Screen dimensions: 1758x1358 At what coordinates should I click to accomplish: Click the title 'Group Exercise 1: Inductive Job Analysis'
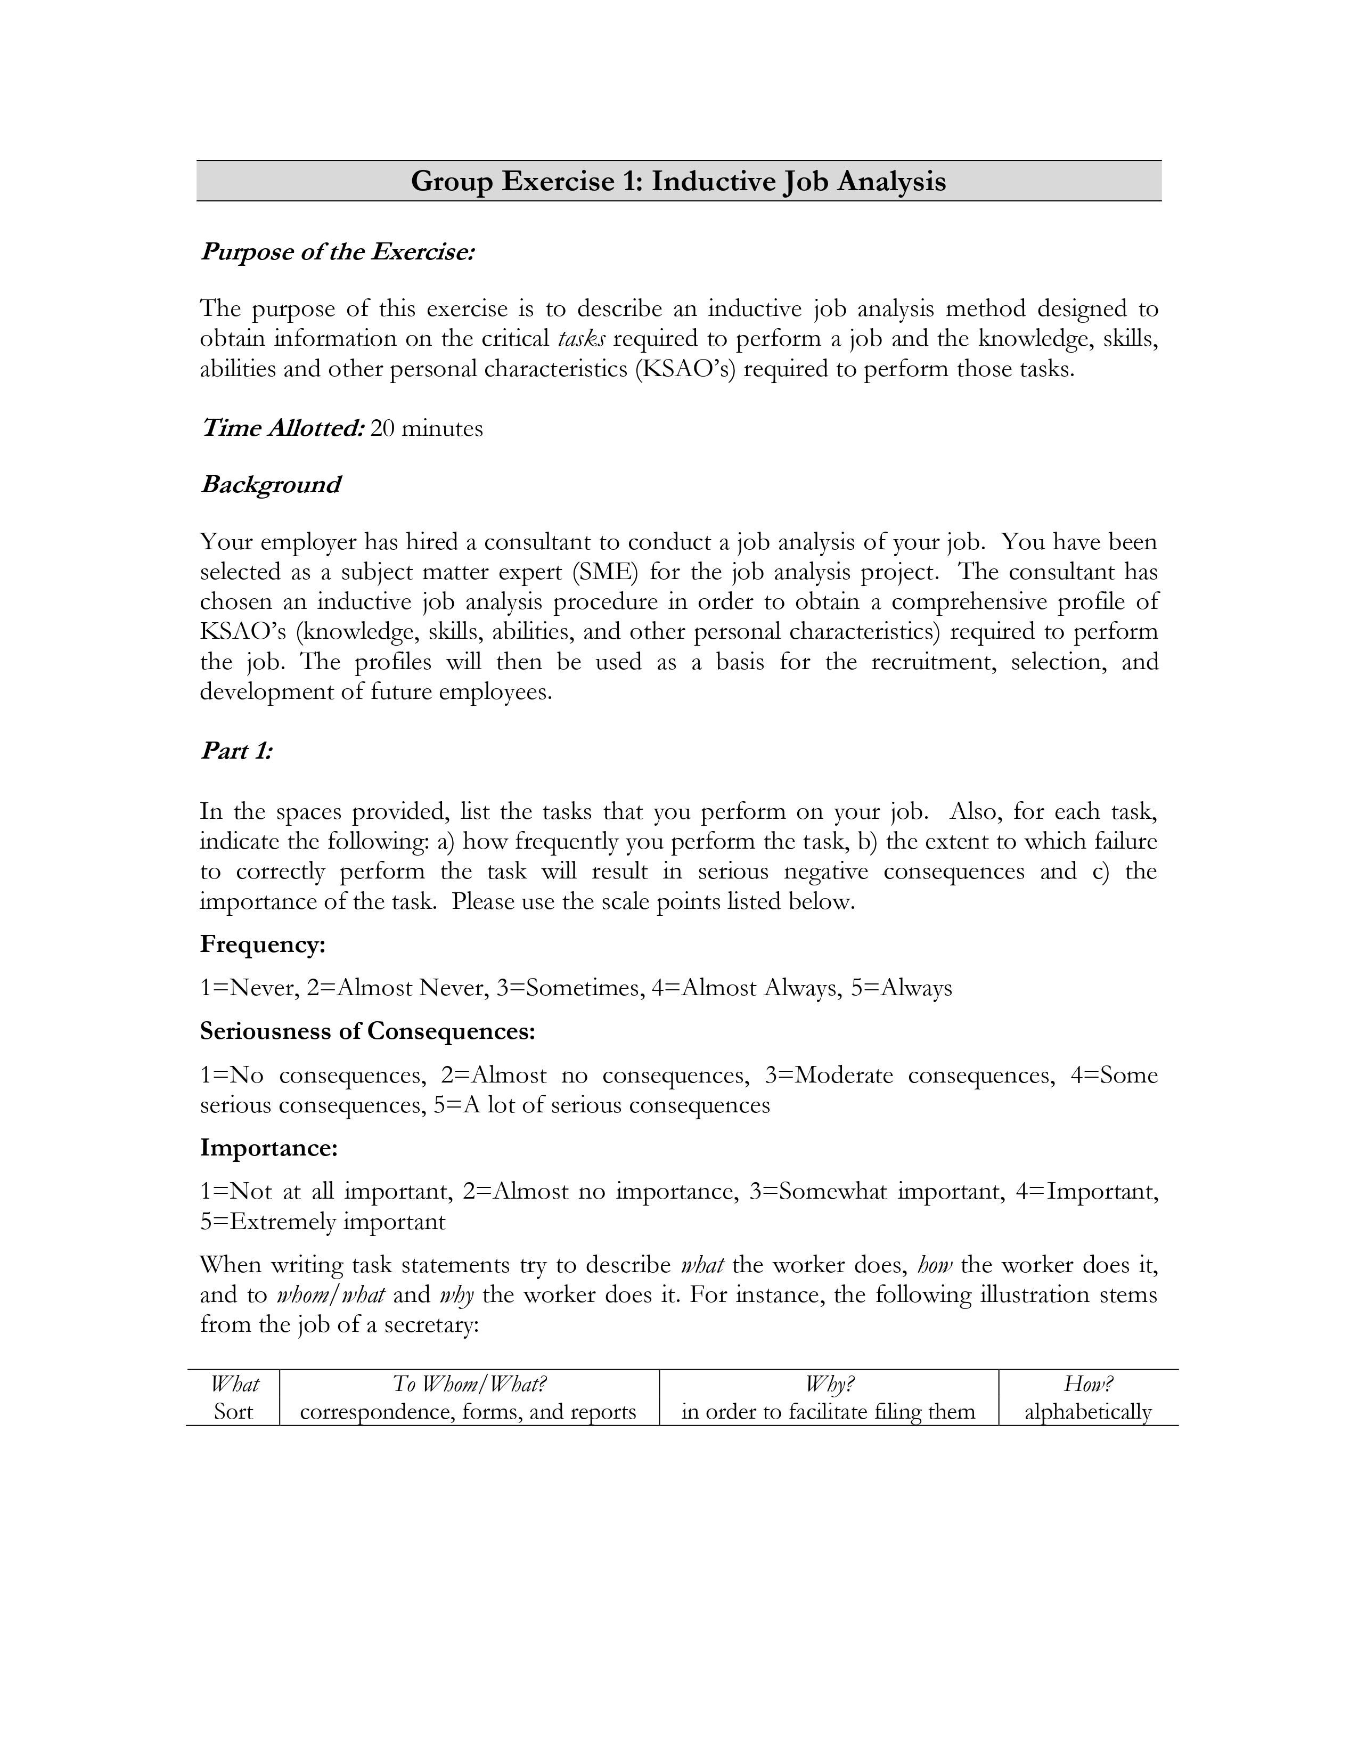click(678, 181)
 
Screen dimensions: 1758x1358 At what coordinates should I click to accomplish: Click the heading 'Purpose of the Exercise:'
click(337, 252)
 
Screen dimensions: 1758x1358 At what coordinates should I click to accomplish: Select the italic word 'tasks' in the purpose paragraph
click(581, 339)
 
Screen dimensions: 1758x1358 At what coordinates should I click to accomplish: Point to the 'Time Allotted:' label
click(282, 428)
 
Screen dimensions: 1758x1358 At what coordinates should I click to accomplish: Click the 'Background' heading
click(271, 485)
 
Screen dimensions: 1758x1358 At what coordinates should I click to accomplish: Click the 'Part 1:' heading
click(236, 751)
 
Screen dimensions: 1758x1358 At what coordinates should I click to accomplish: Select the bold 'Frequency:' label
click(262, 944)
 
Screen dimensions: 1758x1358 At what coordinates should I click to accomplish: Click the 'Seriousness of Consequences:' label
click(367, 1031)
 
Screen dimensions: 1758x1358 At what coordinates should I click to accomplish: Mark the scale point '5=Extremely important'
click(323, 1222)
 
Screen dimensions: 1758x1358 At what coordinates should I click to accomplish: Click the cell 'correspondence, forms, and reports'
click(468, 1412)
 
